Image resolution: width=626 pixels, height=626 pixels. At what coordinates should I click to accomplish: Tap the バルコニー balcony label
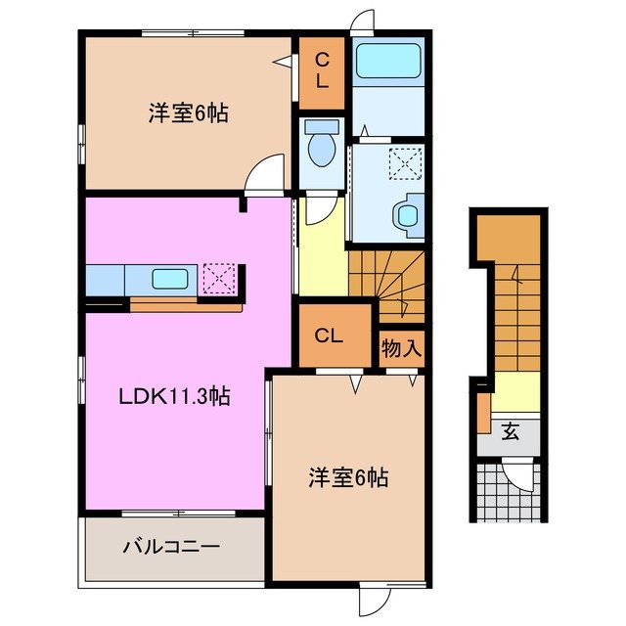pyautogui.click(x=171, y=548)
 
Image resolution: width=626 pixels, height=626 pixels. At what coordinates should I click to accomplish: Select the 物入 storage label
pyautogui.click(x=402, y=348)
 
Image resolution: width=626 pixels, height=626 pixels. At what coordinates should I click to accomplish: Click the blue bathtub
pyautogui.click(x=387, y=60)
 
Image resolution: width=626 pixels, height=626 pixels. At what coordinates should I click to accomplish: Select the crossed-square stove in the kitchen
pyautogui.click(x=216, y=279)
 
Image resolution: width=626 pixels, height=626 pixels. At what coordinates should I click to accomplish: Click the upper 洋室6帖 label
pyautogui.click(x=189, y=113)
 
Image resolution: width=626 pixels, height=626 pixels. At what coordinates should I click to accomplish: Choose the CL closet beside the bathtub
pyautogui.click(x=321, y=72)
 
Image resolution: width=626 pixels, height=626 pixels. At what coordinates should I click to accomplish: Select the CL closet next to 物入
pyautogui.click(x=330, y=335)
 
